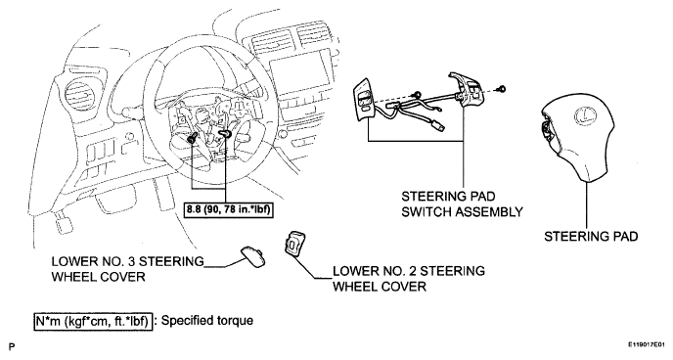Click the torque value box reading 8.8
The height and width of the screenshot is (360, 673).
(x=229, y=210)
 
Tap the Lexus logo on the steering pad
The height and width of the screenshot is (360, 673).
(x=583, y=116)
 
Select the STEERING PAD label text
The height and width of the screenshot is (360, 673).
(x=591, y=237)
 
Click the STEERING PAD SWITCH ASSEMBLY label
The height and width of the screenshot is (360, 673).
(x=463, y=203)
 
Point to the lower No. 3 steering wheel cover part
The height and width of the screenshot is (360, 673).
(x=251, y=256)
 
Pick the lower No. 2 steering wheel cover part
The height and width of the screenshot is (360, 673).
(x=293, y=245)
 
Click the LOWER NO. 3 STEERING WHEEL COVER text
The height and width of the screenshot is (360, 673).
(x=128, y=269)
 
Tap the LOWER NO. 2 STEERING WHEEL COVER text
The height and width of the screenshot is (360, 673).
(x=409, y=279)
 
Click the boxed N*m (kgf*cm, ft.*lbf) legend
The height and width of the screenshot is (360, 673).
(x=93, y=321)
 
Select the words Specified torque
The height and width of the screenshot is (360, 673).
(x=207, y=321)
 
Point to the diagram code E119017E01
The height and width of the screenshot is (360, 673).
(x=646, y=344)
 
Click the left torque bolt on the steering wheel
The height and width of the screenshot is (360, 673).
(x=193, y=138)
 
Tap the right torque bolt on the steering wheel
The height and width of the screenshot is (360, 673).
(x=226, y=135)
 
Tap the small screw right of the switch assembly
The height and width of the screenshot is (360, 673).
(x=501, y=89)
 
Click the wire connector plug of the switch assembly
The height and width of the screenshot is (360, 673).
(x=437, y=126)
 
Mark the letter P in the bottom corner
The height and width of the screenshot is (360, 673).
(x=12, y=346)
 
